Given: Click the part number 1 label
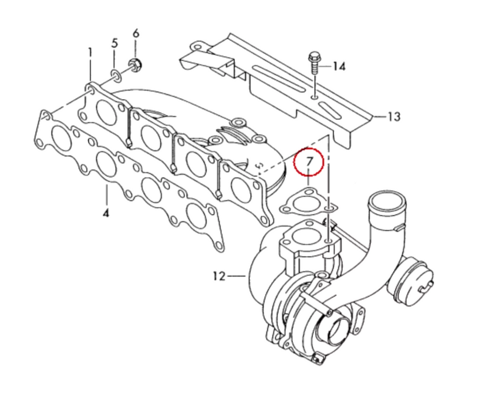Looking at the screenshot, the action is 90,52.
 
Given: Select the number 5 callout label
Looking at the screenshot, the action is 114,43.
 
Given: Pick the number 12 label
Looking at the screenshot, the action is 218,275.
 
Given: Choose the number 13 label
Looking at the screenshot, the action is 393,117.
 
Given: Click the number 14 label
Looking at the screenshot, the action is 339,66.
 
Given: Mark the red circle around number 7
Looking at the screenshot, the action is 309,162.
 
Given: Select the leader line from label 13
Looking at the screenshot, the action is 378,116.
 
